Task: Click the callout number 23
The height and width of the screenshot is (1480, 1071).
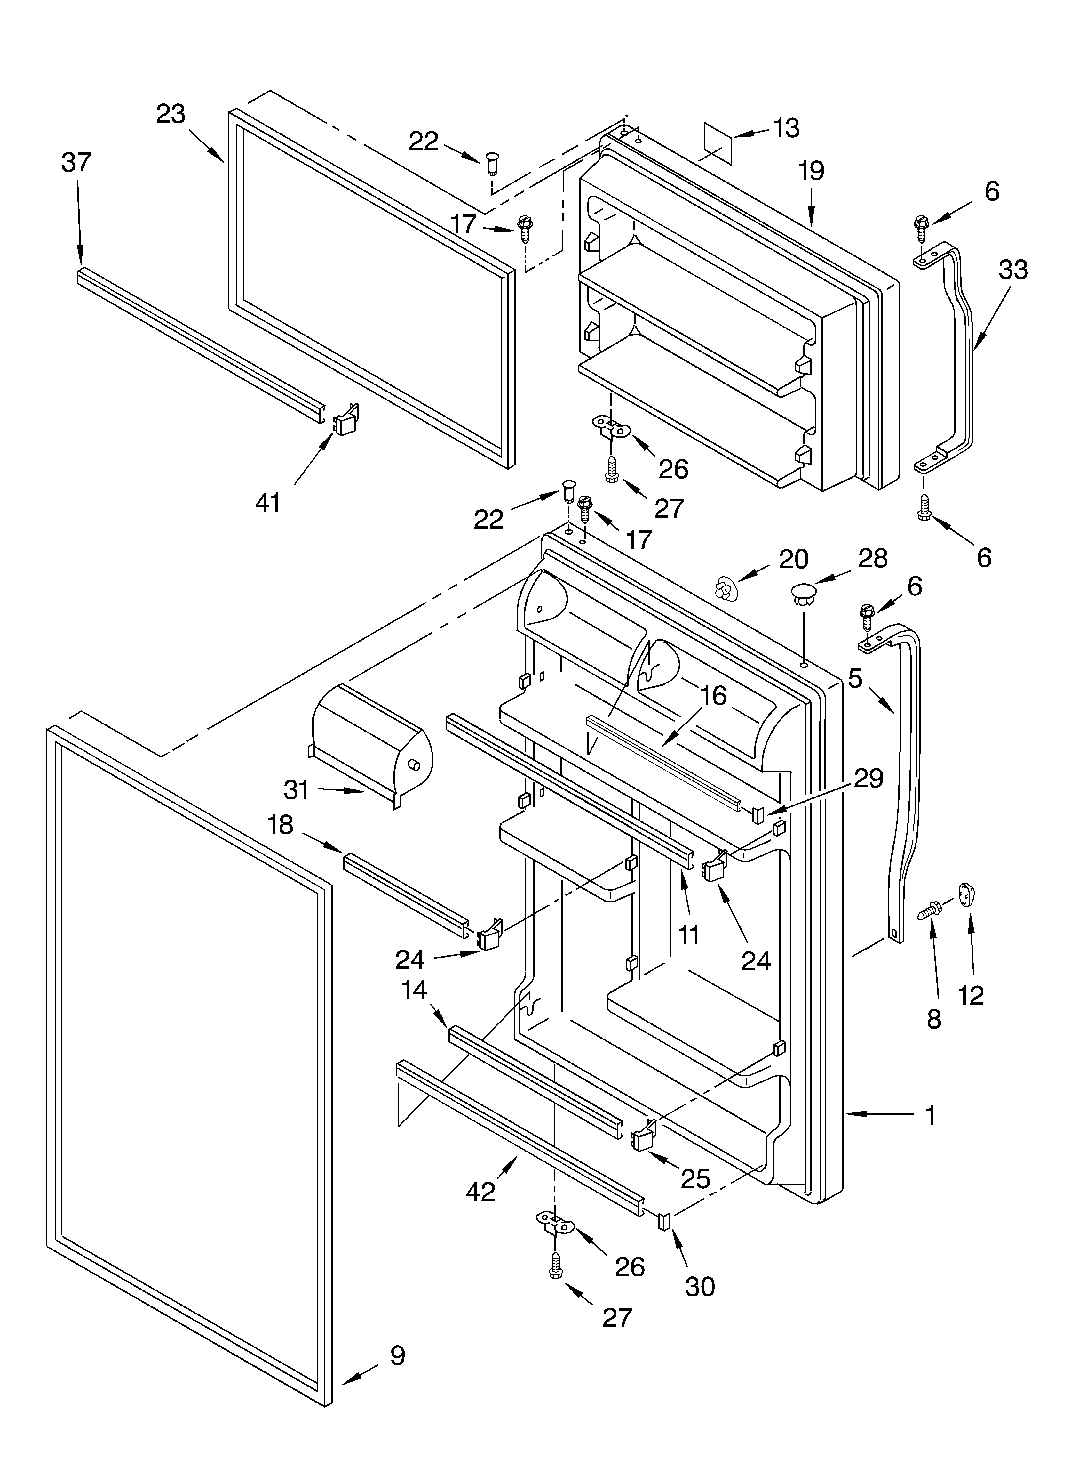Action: pos(171,114)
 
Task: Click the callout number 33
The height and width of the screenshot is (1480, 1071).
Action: pos(1013,270)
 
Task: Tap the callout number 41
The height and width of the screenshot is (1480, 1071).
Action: pos(267,503)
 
